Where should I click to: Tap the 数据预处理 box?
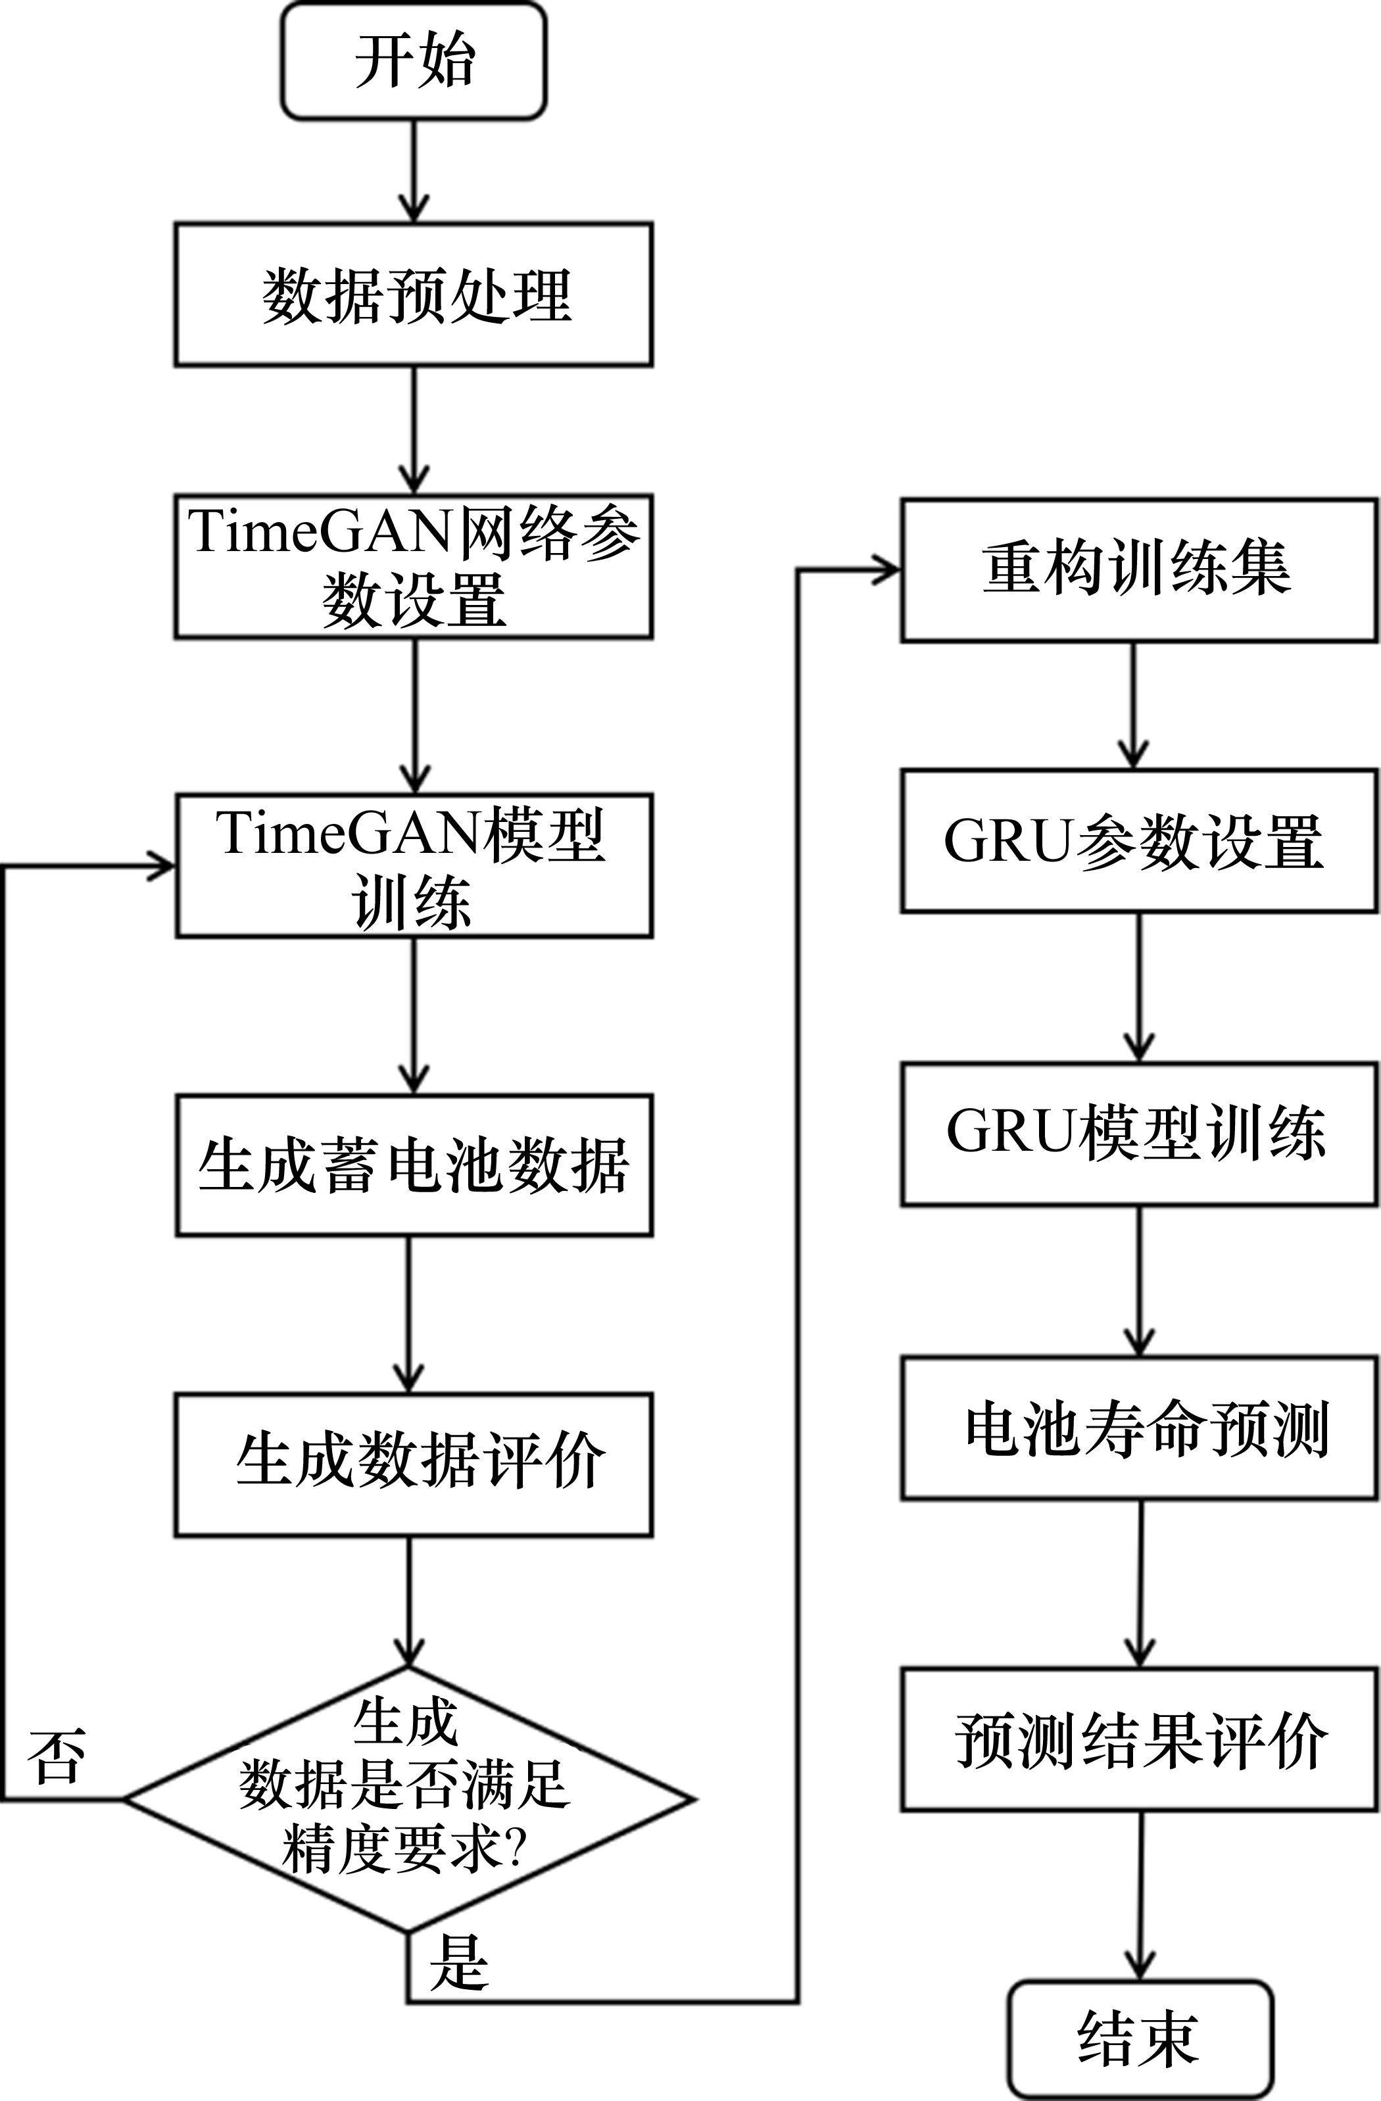pyautogui.click(x=413, y=295)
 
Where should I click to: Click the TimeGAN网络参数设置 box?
pyautogui.click(x=413, y=566)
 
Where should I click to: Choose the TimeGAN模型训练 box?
pyautogui.click(x=413, y=865)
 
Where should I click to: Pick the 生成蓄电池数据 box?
pyautogui.click(x=413, y=1165)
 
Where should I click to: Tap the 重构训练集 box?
pyautogui.click(x=1139, y=570)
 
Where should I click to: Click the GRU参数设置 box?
pyautogui.click(x=1139, y=840)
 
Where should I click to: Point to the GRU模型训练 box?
pyautogui.click(x=1139, y=1134)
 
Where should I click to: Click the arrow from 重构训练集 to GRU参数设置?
pyautogui.click(x=1134, y=706)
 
